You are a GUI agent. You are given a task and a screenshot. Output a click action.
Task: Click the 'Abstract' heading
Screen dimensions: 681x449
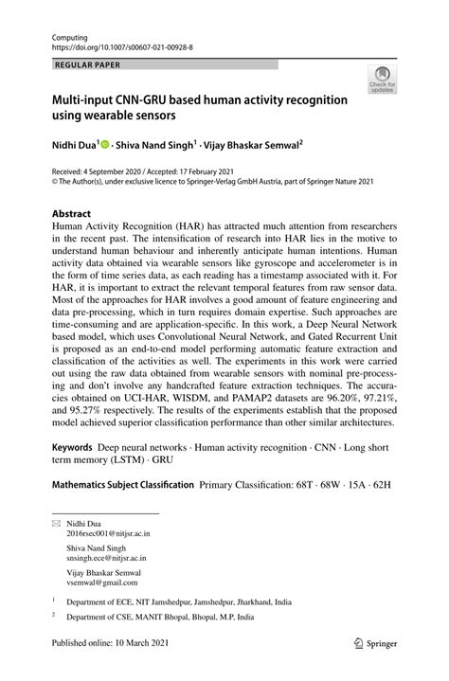[60, 213]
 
